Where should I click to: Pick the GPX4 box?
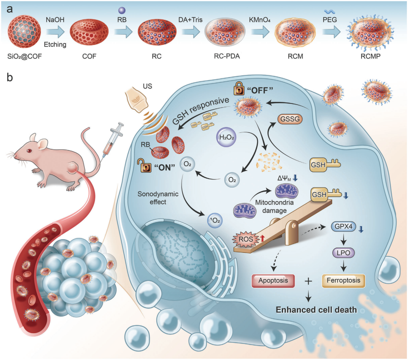tap(343, 227)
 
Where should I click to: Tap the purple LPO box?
tap(343, 252)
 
